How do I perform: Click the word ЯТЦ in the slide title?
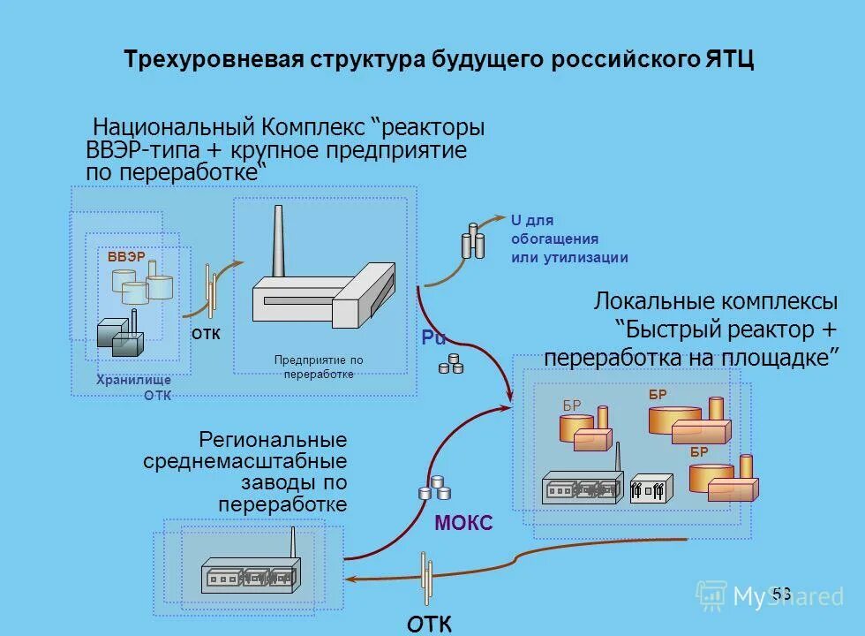pos(730,60)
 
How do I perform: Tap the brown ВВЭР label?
pos(126,256)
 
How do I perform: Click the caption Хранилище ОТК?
pos(134,388)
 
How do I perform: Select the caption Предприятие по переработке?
pos(319,367)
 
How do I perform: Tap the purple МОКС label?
pos(463,524)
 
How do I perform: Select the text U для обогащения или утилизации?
pos(568,238)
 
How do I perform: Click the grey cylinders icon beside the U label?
pos(473,239)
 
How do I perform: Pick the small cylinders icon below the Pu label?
pos(451,363)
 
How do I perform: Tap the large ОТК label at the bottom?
pos(430,624)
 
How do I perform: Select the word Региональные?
pos(273,439)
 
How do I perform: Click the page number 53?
pos(781,593)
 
